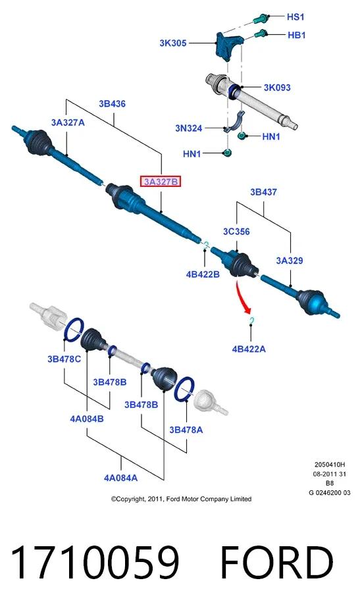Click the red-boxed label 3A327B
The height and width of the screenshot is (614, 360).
pyautogui.click(x=161, y=182)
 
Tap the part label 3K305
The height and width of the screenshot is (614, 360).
pyautogui.click(x=172, y=43)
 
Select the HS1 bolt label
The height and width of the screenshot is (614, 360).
pyautogui.click(x=296, y=17)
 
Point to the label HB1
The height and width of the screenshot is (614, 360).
pyautogui.click(x=297, y=36)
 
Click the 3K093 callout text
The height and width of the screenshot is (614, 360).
pyautogui.click(x=277, y=88)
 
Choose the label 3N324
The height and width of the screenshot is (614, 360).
pyautogui.click(x=189, y=128)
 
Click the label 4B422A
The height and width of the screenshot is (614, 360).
pyautogui.click(x=249, y=349)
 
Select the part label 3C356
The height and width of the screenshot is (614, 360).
pyautogui.click(x=236, y=232)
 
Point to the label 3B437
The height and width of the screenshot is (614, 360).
pyautogui.click(x=264, y=192)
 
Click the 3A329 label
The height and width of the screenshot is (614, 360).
pyautogui.click(x=290, y=261)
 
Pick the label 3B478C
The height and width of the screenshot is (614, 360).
pyautogui.click(x=64, y=359)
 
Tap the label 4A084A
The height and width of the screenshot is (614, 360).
pyautogui.click(x=120, y=478)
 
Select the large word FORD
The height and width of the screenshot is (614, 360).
pyautogui.click(x=276, y=562)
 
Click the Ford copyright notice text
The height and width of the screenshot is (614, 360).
pyautogui.click(x=181, y=499)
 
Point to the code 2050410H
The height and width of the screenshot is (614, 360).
pyautogui.click(x=330, y=465)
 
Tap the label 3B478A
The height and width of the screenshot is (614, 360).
pyautogui.click(x=186, y=430)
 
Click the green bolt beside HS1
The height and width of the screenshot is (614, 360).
pyautogui.click(x=261, y=18)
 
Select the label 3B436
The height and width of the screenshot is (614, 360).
pyautogui.click(x=112, y=104)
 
